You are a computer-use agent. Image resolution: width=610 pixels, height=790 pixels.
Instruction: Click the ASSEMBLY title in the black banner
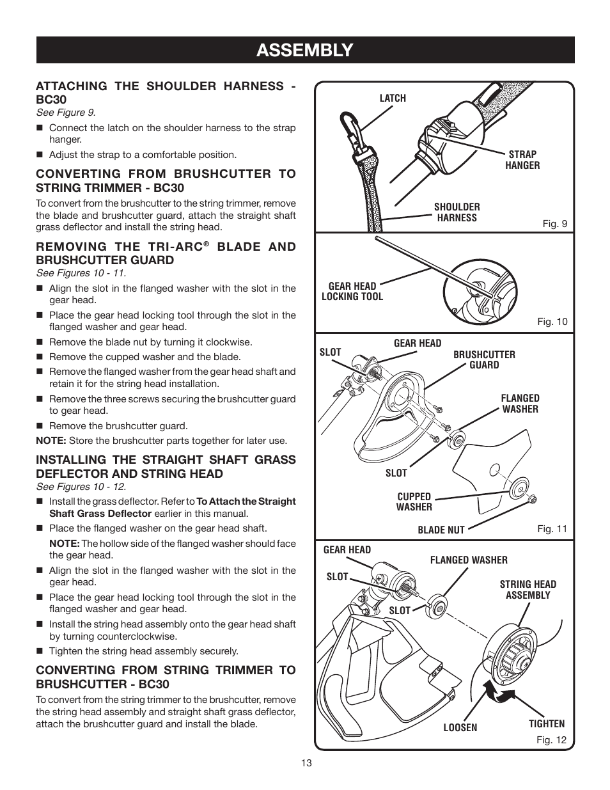coord(304,50)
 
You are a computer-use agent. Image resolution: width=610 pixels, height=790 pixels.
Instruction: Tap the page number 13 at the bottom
coord(305,763)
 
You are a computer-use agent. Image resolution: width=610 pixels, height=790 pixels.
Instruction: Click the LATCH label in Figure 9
coord(393,99)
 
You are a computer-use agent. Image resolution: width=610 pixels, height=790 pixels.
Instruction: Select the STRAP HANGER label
coord(522,160)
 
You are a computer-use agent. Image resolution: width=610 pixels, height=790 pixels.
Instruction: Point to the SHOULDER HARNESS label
coord(457,212)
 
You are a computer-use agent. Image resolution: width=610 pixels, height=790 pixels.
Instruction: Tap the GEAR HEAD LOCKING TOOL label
coord(352,291)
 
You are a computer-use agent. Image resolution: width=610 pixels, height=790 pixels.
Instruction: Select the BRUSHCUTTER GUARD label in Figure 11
coord(484,359)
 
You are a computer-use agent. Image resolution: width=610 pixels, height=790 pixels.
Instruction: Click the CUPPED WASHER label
coord(414,502)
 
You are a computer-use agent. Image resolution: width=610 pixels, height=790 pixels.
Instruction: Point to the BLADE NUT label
coord(441,530)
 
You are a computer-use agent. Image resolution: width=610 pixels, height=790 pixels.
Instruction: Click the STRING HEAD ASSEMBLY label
coord(528,590)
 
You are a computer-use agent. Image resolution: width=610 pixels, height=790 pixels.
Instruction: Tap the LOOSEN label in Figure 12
coord(460,728)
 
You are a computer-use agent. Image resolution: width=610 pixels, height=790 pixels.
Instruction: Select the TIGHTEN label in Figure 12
coord(546,723)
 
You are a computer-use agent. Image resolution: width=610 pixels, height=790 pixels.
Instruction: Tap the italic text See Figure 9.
coord(65,113)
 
